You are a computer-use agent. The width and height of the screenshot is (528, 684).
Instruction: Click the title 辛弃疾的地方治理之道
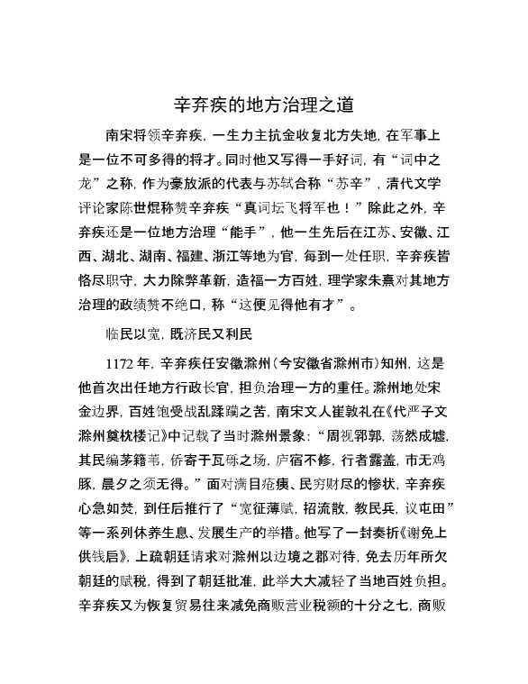point(263,105)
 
